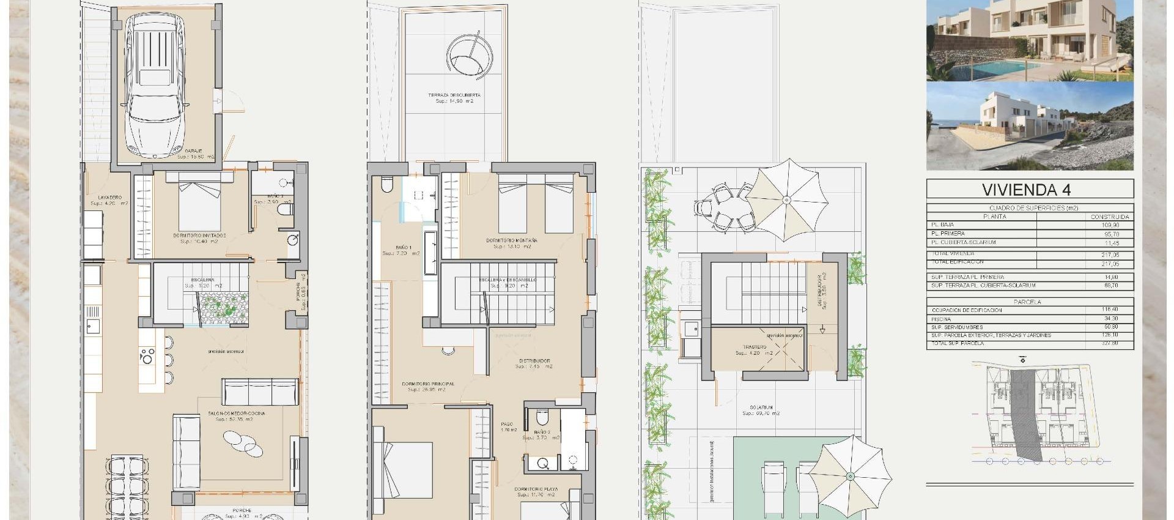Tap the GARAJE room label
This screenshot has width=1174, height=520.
tap(194, 150)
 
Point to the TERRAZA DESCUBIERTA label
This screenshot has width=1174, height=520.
tap(454, 95)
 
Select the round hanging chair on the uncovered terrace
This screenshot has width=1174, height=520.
tap(469, 55)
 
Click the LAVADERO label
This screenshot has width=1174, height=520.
tap(110, 198)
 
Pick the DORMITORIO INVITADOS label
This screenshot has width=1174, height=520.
tap(199, 236)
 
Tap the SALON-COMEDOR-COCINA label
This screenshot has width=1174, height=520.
tap(237, 414)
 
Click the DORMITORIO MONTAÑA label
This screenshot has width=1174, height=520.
tap(512, 240)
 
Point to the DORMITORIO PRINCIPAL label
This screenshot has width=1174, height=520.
tap(428, 384)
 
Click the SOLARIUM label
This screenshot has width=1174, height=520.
tap(761, 407)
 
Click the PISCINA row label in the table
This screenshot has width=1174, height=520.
tap(942, 319)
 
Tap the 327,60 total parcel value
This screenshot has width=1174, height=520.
tap(1110, 344)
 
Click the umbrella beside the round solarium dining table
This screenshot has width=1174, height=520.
tap(787, 199)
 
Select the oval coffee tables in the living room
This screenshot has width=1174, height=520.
tap(243, 444)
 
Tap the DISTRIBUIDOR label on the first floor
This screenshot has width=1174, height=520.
tap(534, 361)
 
